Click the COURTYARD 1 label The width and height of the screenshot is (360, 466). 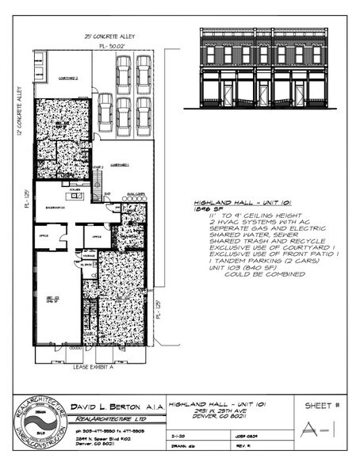120,166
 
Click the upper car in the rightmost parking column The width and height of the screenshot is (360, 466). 144,73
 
